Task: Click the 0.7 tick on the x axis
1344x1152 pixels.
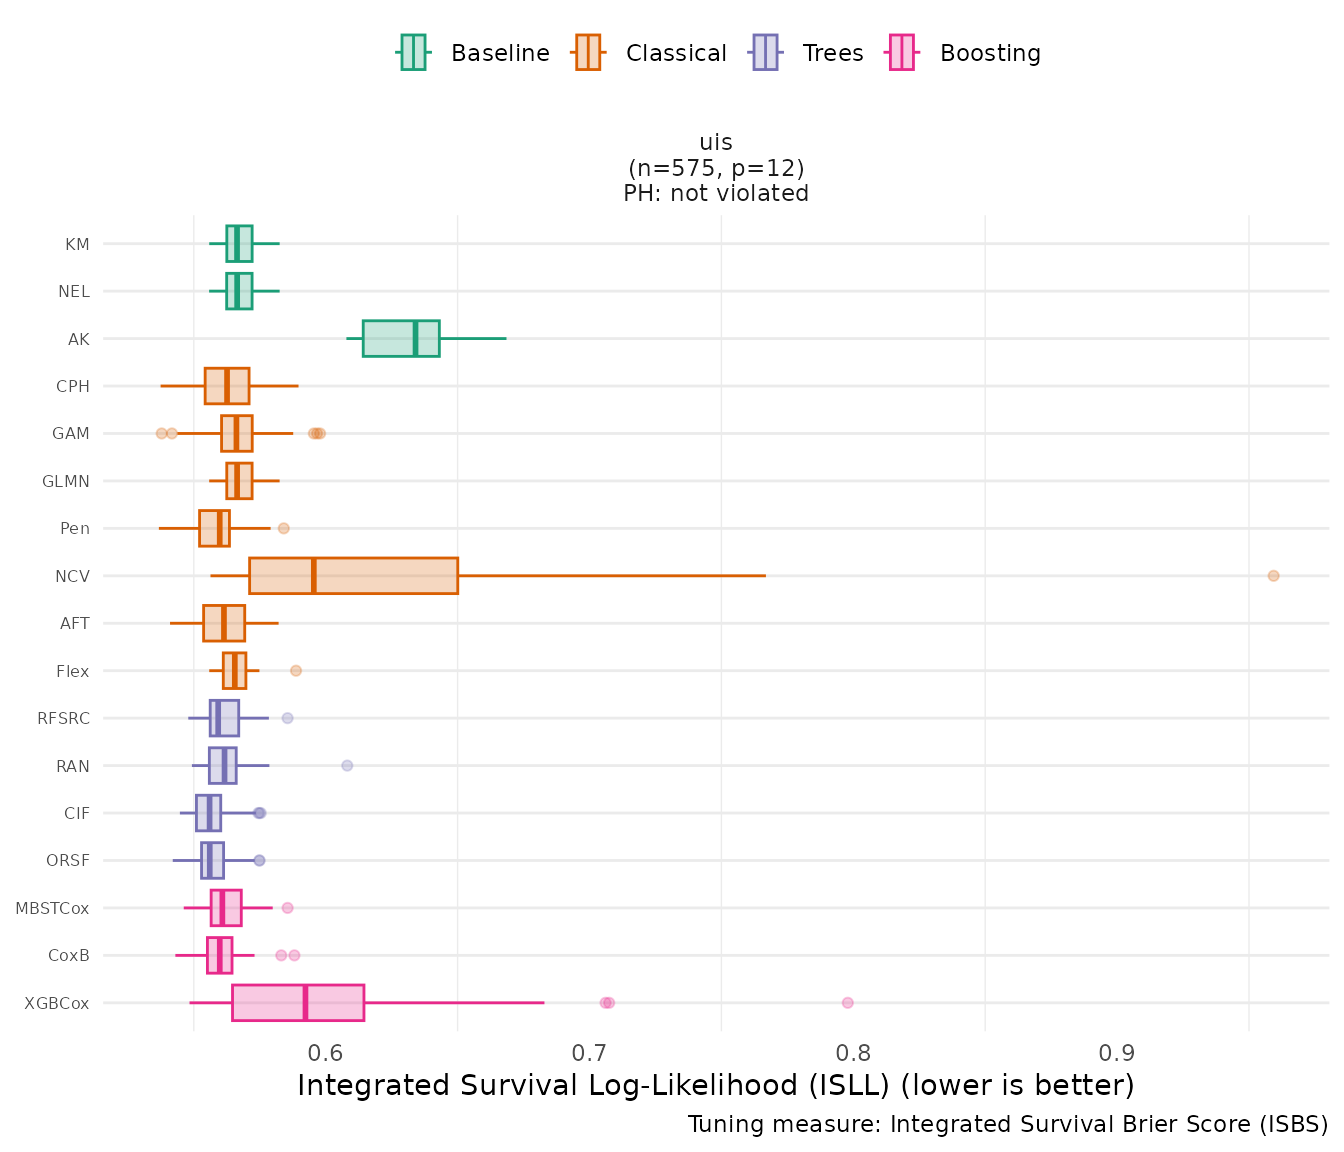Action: click(x=590, y=1053)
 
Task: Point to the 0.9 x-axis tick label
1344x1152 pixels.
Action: click(x=1117, y=1053)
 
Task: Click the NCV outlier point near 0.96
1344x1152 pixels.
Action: click(x=1273, y=576)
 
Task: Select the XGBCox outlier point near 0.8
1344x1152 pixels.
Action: click(x=848, y=1003)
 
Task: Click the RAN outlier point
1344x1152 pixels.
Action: click(x=347, y=766)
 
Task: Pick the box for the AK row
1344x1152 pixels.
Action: click(x=400, y=339)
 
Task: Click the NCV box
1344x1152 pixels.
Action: click(x=353, y=576)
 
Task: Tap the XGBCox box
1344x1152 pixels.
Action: click(x=298, y=1003)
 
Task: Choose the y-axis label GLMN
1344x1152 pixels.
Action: click(x=66, y=482)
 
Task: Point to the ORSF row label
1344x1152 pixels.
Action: click(x=68, y=861)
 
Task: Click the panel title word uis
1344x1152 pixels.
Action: click(x=716, y=142)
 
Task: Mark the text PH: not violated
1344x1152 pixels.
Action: click(x=716, y=194)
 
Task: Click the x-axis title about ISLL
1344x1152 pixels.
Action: click(x=716, y=1086)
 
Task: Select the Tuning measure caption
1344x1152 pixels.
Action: click(x=1008, y=1125)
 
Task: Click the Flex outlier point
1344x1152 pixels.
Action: click(x=296, y=671)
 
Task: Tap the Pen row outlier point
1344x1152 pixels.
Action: click(x=283, y=528)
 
